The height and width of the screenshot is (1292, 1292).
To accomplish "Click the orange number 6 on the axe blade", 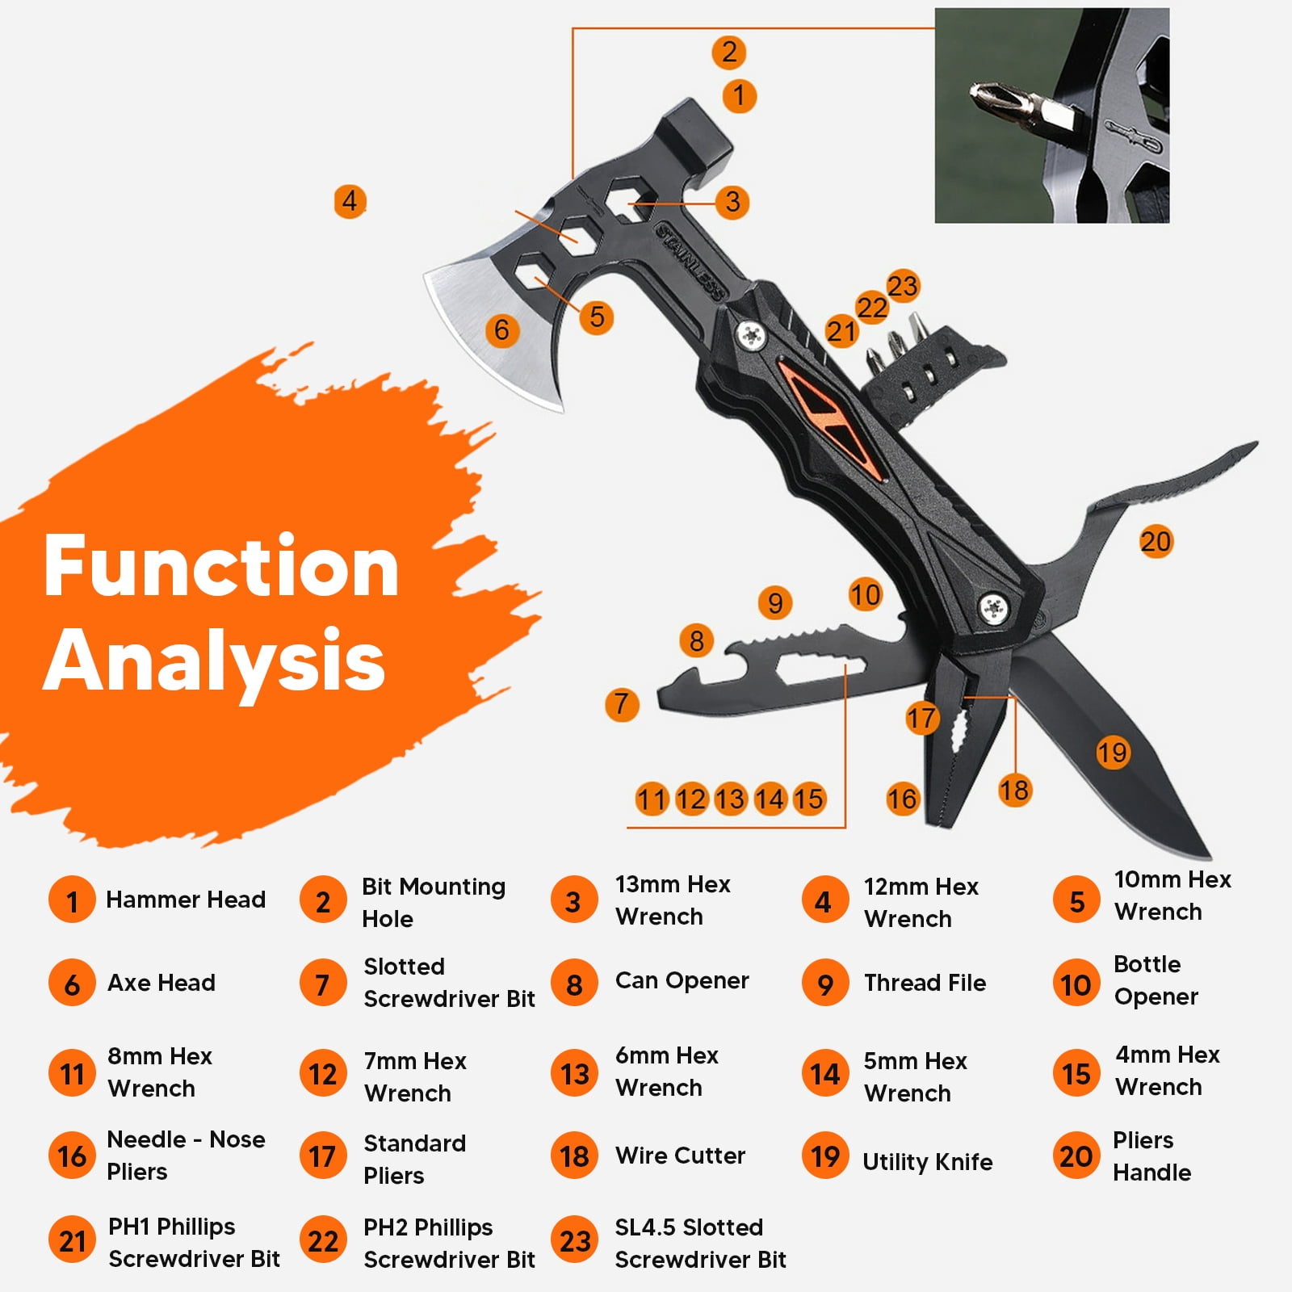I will (501, 329).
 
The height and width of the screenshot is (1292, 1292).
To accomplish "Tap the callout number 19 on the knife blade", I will (1112, 753).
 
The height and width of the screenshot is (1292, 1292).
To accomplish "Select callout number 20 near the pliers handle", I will (1156, 541).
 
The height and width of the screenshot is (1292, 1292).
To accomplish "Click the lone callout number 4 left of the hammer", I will (350, 200).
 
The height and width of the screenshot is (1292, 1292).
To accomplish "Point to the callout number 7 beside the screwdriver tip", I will (621, 703).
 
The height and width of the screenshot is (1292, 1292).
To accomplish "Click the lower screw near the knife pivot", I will (992, 607).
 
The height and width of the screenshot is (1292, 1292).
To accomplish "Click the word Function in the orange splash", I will (221, 567).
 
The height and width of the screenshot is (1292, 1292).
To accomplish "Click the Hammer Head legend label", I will (186, 900).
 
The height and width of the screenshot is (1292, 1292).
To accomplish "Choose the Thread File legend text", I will (925, 983).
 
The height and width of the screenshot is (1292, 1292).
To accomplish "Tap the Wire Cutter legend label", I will (680, 1156).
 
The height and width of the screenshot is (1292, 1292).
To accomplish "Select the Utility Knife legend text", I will (928, 1161).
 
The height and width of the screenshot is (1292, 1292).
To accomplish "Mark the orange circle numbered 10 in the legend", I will (1076, 984).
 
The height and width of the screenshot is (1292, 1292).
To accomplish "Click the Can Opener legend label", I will (682, 980).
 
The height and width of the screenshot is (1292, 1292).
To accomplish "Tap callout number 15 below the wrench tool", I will (808, 799).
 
